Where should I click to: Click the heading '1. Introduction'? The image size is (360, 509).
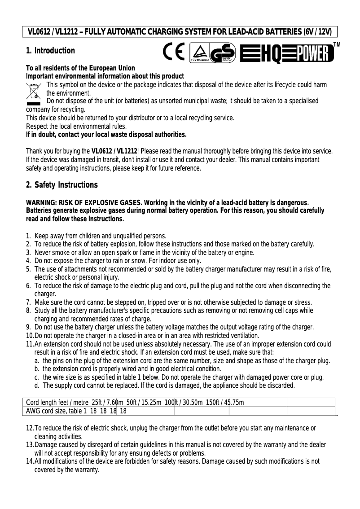coord(50,51)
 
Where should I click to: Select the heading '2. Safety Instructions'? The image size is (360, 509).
coord(61,185)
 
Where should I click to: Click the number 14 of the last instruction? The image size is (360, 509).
coord(30,461)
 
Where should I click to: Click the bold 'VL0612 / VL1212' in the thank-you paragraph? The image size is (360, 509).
coord(112,151)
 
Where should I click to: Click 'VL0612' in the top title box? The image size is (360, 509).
coord(39,32)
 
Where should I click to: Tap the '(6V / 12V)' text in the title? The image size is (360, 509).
coord(317,32)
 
